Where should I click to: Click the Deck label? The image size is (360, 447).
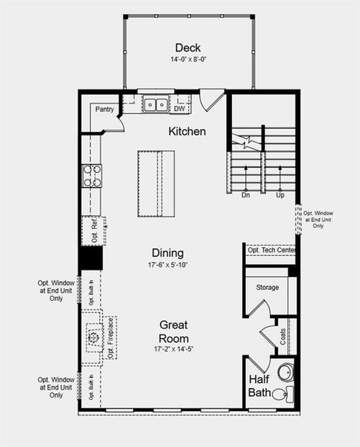[188, 48]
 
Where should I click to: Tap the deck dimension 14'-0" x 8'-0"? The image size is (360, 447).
[188, 59]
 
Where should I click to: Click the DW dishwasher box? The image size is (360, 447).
[179, 109]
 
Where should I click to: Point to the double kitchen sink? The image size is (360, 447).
[156, 105]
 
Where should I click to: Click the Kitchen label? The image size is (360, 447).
[187, 131]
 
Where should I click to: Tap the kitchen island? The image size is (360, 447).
[156, 183]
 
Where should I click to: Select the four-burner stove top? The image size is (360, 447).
[92, 176]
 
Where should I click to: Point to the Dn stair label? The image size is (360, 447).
[245, 195]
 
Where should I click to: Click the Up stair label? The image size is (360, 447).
[280, 195]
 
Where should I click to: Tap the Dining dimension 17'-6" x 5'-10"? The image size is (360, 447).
[168, 265]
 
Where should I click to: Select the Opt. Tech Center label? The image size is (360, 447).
[271, 250]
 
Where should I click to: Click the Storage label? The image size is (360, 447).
[267, 287]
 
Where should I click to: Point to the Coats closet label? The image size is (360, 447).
[282, 335]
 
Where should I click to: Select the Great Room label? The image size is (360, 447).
[173, 332]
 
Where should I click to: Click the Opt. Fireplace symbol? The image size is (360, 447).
[94, 338]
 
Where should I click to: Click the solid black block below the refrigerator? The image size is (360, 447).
[91, 258]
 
